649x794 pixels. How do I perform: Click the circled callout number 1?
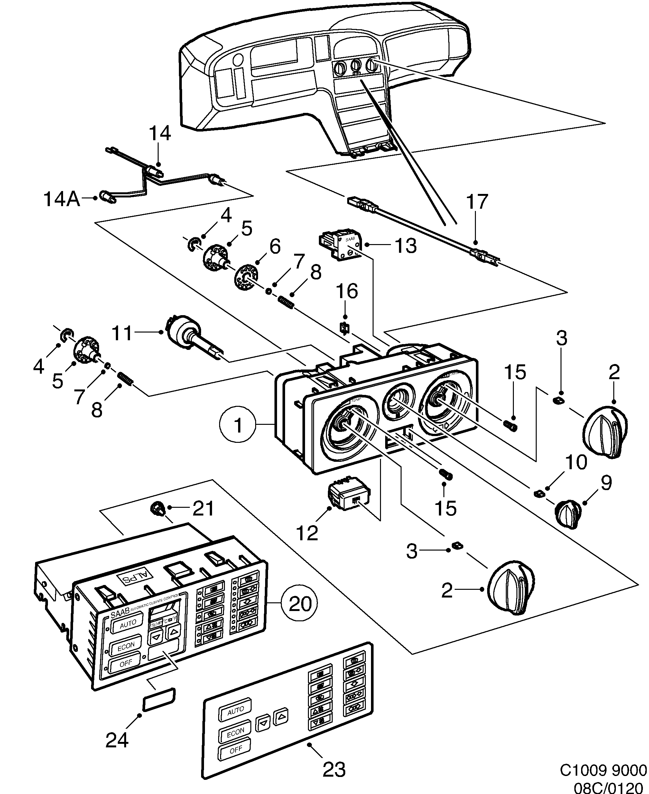click(238, 425)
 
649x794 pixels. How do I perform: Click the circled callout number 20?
click(300, 603)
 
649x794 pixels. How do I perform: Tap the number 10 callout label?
click(576, 462)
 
